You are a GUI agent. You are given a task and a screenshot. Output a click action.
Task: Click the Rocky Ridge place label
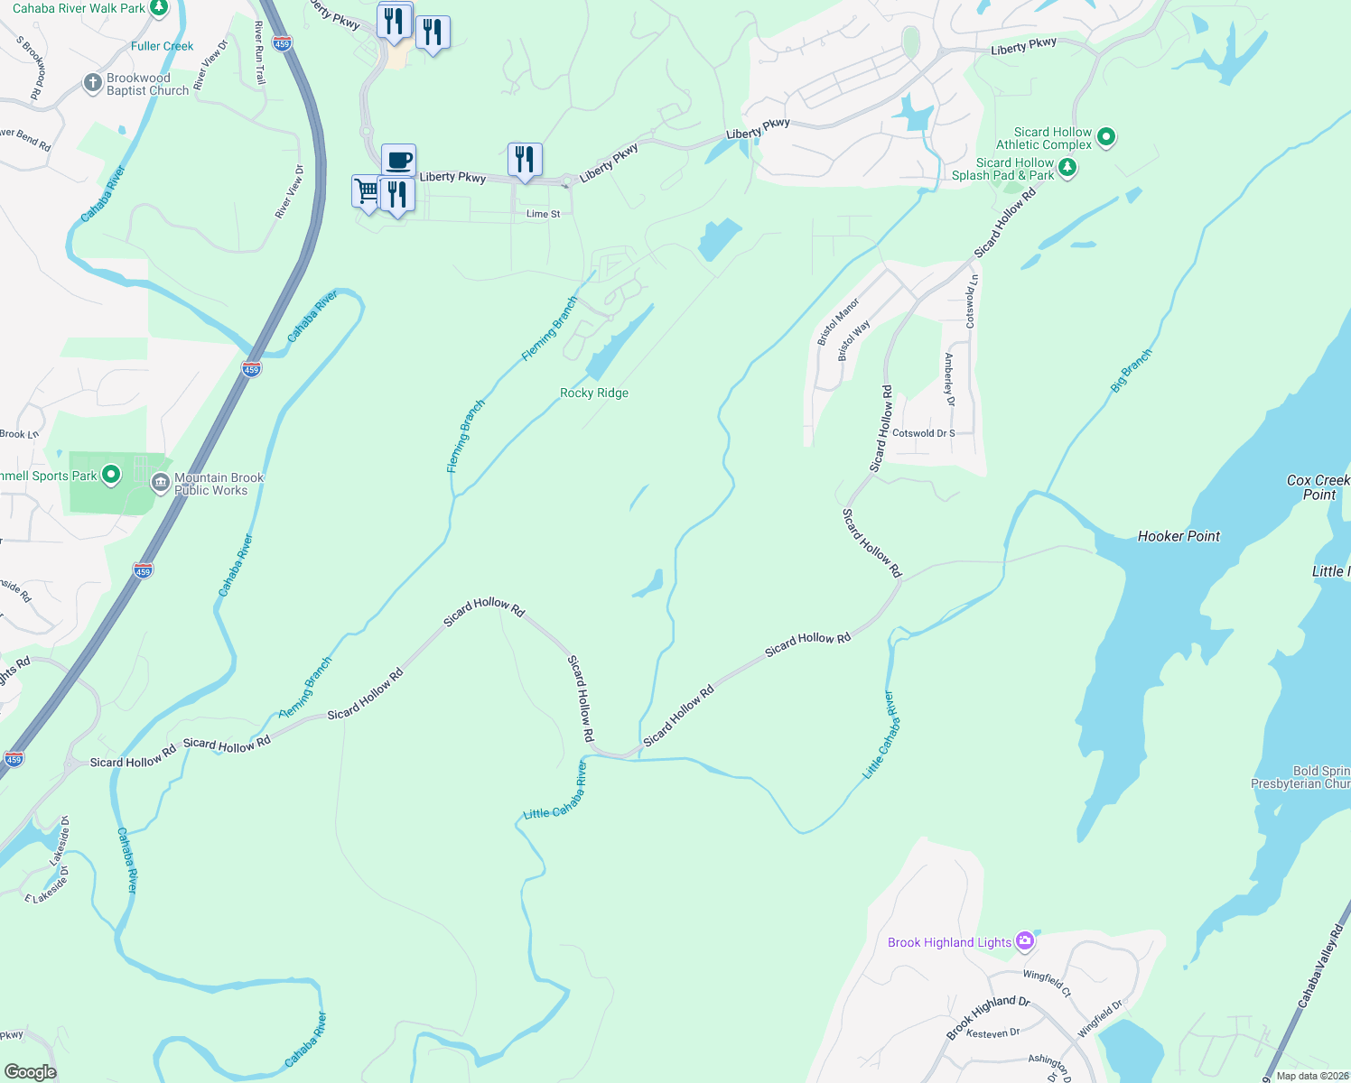coord(594,393)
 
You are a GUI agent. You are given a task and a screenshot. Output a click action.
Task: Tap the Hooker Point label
coord(1179,536)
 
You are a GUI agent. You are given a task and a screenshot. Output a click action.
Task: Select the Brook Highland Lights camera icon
coord(1024,941)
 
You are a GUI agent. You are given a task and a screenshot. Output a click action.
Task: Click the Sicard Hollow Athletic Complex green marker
coord(1106,137)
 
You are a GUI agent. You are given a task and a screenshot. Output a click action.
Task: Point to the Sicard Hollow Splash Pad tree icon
coord(1067,168)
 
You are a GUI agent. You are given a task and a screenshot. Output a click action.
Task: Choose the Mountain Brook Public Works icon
coord(161,484)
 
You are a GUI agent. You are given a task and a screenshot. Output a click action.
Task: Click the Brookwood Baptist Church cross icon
coord(92,84)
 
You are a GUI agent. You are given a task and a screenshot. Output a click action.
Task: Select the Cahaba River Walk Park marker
coord(159,8)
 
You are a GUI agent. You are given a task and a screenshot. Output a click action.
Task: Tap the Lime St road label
coord(543,214)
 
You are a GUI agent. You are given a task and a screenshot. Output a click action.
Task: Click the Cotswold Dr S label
coord(923,433)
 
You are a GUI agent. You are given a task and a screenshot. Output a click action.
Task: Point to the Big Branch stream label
coord(1131,370)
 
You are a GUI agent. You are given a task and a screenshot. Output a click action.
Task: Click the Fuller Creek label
coord(162,46)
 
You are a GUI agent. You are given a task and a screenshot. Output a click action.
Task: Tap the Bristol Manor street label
coord(838,322)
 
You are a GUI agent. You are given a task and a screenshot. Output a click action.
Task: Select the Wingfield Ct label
coord(1048,983)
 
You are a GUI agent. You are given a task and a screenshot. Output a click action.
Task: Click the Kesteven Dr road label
coord(992,1032)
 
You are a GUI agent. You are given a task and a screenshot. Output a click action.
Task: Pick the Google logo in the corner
coord(30,1072)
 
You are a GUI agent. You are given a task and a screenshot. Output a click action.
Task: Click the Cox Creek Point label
coord(1318,487)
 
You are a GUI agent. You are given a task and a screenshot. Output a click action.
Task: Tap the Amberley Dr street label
coord(949,380)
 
